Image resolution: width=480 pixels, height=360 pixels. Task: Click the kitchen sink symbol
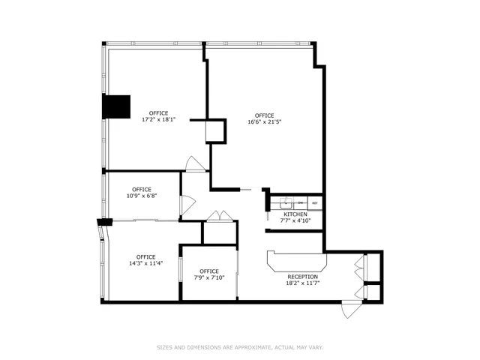click(285, 202)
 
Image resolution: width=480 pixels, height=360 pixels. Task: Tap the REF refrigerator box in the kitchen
click(315, 203)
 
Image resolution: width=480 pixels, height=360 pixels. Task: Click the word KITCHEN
click(295, 214)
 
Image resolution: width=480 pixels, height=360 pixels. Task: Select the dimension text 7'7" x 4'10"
click(295, 220)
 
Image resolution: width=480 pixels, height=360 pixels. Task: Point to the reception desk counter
click(297, 264)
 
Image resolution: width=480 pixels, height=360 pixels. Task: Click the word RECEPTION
click(303, 277)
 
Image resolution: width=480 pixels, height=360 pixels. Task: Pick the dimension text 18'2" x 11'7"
click(303, 283)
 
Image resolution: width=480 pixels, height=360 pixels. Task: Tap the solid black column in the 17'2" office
click(116, 106)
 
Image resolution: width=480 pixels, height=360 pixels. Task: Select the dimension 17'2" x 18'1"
click(158, 119)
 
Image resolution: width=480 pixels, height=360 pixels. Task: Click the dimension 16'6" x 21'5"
click(264, 121)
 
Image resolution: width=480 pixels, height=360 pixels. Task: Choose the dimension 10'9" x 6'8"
click(142, 196)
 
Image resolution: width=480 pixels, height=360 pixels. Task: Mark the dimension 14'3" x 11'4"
click(145, 263)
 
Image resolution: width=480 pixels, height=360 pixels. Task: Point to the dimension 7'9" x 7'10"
click(209, 277)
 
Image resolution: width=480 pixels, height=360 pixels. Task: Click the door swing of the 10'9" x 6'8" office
click(187, 203)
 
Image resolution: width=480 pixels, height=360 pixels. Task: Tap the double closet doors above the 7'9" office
click(220, 216)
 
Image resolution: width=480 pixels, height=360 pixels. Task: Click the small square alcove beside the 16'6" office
click(215, 131)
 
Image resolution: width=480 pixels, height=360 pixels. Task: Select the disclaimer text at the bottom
click(240, 347)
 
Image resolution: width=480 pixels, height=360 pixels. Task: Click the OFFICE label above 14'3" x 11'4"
click(145, 256)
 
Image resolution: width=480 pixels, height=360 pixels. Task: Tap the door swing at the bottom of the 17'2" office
click(195, 164)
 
